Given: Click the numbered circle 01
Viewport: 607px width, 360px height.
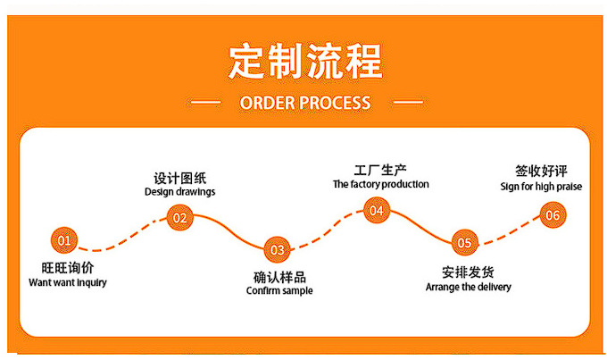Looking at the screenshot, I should (x=63, y=239).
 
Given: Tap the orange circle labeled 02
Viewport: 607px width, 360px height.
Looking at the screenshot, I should (x=179, y=217).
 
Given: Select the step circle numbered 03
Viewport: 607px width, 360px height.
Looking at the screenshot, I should (x=278, y=249).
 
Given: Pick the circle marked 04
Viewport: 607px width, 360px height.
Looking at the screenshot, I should (x=376, y=211).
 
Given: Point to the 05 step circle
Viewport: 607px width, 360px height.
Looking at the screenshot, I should (x=463, y=242).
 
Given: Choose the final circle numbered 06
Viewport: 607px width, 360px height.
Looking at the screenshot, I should (x=553, y=214).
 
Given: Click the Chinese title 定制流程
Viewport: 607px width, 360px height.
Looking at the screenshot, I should (x=304, y=60).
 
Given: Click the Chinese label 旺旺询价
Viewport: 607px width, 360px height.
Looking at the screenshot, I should (x=68, y=268).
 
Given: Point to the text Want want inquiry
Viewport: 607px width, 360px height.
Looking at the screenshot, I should (x=68, y=282).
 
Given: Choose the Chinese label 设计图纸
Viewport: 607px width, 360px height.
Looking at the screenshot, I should (x=179, y=177).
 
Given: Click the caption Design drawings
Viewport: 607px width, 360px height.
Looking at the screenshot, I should (x=179, y=191).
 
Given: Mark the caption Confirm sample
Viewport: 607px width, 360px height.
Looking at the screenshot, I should (x=279, y=290).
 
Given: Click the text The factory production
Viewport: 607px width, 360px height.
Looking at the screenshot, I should (x=380, y=184).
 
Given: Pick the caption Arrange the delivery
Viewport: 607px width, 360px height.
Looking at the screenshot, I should (x=468, y=287).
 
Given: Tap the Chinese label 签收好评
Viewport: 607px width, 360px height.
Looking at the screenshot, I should (x=542, y=171).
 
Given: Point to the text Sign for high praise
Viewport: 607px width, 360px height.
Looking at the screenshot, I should (x=542, y=186).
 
